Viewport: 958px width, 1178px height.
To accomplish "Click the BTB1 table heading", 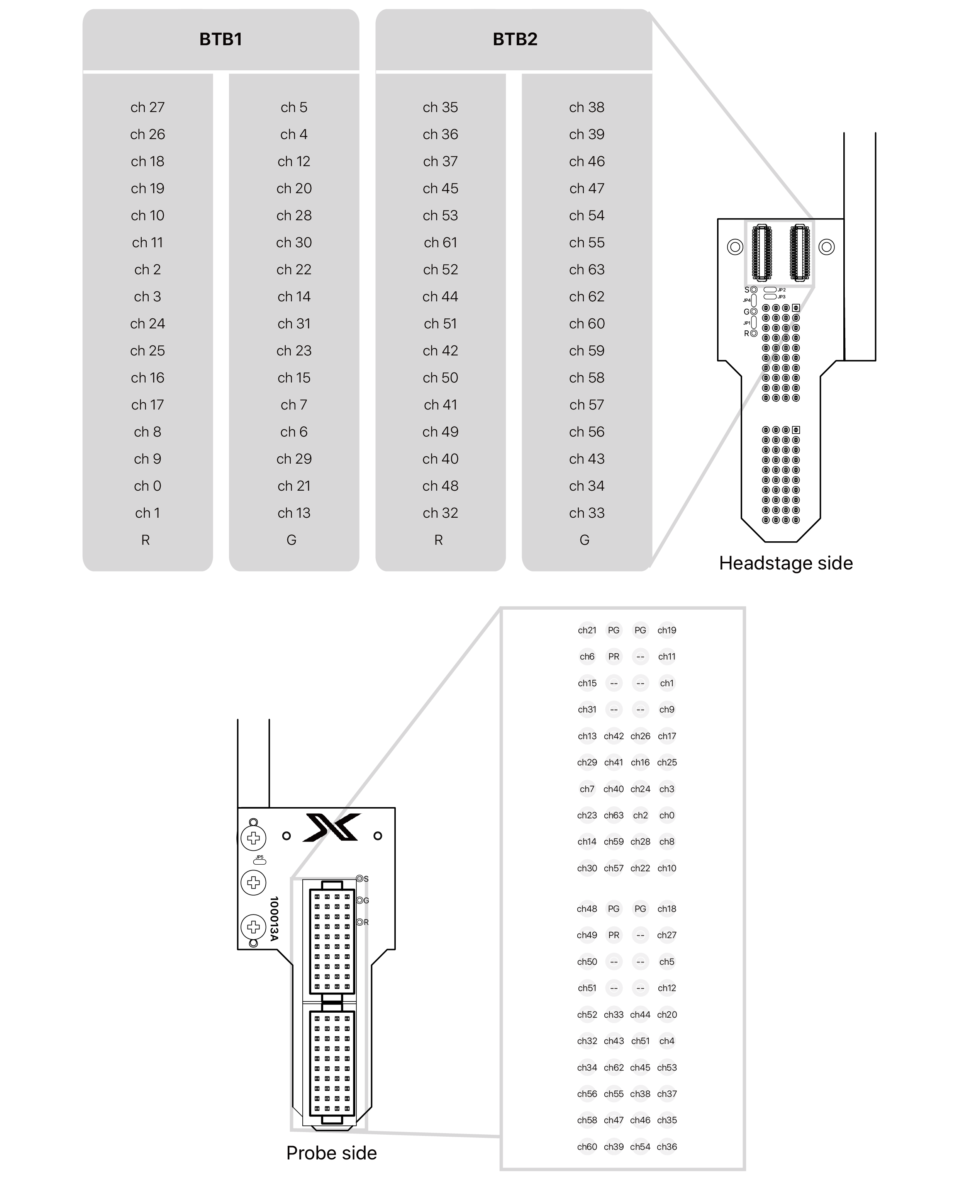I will [221, 39].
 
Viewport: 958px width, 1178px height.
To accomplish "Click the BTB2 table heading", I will [514, 39].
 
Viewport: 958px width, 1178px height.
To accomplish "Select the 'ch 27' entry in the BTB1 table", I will [148, 107].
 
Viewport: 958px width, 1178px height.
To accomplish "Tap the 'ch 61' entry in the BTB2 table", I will [440, 242].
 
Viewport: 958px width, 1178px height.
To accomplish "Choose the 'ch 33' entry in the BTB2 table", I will [587, 513].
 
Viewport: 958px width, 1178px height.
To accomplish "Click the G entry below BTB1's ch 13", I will [292, 540].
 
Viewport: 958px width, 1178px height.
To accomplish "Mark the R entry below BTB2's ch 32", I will [438, 540].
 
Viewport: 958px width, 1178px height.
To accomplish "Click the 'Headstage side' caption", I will [786, 563].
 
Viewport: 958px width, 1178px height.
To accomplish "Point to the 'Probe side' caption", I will [331, 1153].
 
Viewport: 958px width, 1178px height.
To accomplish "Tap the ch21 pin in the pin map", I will [587, 630].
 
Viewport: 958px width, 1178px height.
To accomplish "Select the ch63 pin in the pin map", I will [614, 815].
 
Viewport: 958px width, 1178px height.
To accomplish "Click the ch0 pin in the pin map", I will [666, 815].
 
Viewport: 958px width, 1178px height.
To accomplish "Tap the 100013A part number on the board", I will [274, 918].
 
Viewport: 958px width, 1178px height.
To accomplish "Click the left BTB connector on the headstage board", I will [762, 252].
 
